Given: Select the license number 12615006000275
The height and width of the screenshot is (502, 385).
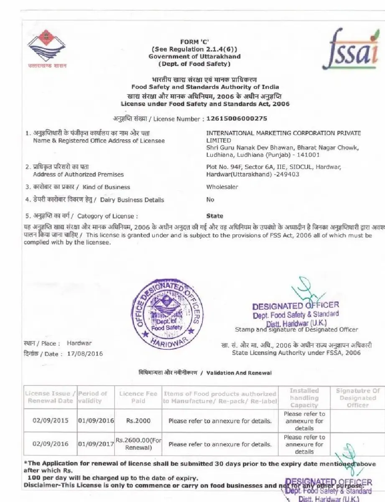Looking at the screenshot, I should pyautogui.click(x=237, y=119).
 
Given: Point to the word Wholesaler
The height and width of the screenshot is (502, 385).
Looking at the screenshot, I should pyautogui.click(x=222, y=187).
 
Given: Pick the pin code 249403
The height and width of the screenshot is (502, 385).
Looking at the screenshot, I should pyautogui.click(x=288, y=174).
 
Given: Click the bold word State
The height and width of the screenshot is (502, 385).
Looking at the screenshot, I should pyautogui.click(x=214, y=216).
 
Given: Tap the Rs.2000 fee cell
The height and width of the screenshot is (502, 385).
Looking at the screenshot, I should pyautogui.click(x=138, y=421).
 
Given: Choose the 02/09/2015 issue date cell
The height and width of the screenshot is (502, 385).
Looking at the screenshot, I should pyautogui.click(x=50, y=421).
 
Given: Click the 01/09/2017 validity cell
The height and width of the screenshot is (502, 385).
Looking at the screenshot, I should pyautogui.click(x=96, y=444).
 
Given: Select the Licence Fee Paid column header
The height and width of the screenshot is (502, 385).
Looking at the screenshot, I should pyautogui.click(x=138, y=397).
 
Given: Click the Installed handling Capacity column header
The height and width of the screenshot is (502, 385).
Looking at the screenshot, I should pyautogui.click(x=304, y=397).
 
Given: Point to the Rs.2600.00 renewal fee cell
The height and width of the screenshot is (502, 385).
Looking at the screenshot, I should pyautogui.click(x=138, y=444).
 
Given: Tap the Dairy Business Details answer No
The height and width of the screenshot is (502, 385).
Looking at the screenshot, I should pyautogui.click(x=210, y=200).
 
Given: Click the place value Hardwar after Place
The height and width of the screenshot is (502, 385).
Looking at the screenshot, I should pyautogui.click(x=79, y=343).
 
